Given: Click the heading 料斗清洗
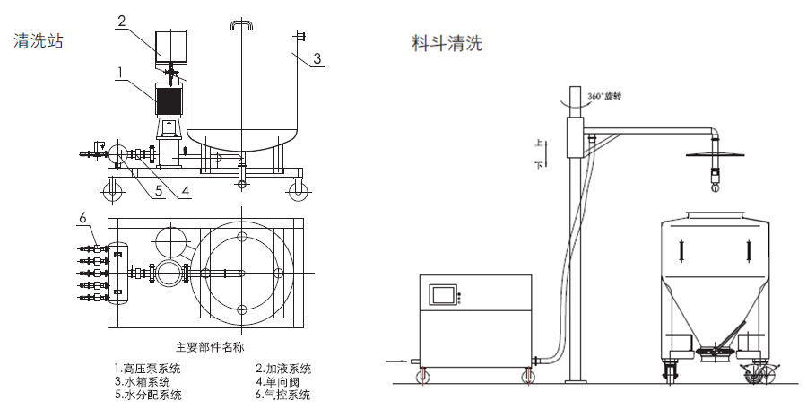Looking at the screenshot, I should pos(447,42).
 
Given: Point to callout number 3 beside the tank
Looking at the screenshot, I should pos(317,59).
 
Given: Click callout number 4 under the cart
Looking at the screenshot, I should pos(186,191).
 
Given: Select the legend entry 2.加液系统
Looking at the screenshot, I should pos(282,368).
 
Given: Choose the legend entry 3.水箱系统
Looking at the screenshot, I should pos(142,381).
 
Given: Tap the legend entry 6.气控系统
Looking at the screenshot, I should pos(283,395).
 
